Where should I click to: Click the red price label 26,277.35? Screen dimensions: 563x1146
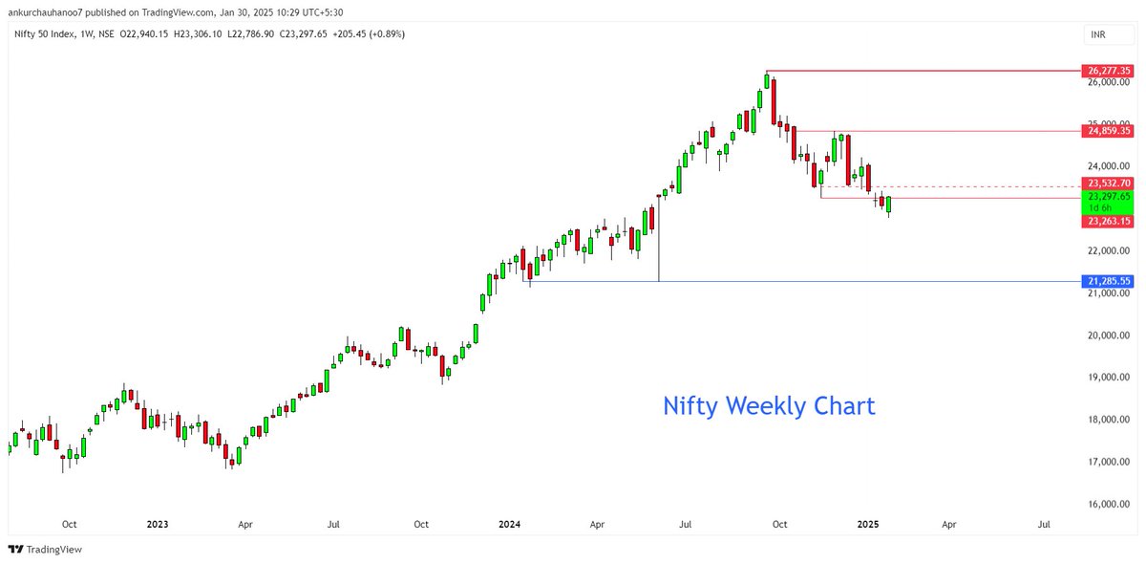pyautogui.click(x=1108, y=71)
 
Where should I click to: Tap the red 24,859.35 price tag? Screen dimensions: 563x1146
pyautogui.click(x=1108, y=130)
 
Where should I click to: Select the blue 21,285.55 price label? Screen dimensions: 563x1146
pyautogui.click(x=1108, y=281)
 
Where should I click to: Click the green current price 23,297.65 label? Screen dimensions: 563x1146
pyautogui.click(x=1108, y=196)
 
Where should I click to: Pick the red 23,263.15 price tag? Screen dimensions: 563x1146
pyautogui.click(x=1108, y=221)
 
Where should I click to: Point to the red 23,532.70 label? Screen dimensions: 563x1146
pyautogui.click(x=1108, y=183)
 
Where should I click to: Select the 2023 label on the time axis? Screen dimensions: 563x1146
pyautogui.click(x=158, y=524)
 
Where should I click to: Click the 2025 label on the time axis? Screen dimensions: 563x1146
pyautogui.click(x=867, y=524)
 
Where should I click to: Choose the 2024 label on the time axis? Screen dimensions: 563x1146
pyautogui.click(x=510, y=524)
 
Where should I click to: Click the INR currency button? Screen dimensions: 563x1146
pyautogui.click(x=1099, y=35)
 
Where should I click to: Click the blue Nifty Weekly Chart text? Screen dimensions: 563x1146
pyautogui.click(x=769, y=405)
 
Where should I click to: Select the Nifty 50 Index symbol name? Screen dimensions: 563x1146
pyautogui.click(x=43, y=33)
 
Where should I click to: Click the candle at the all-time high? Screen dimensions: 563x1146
pyautogui.click(x=767, y=81)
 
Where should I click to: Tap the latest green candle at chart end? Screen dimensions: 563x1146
pyautogui.click(x=888, y=205)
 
